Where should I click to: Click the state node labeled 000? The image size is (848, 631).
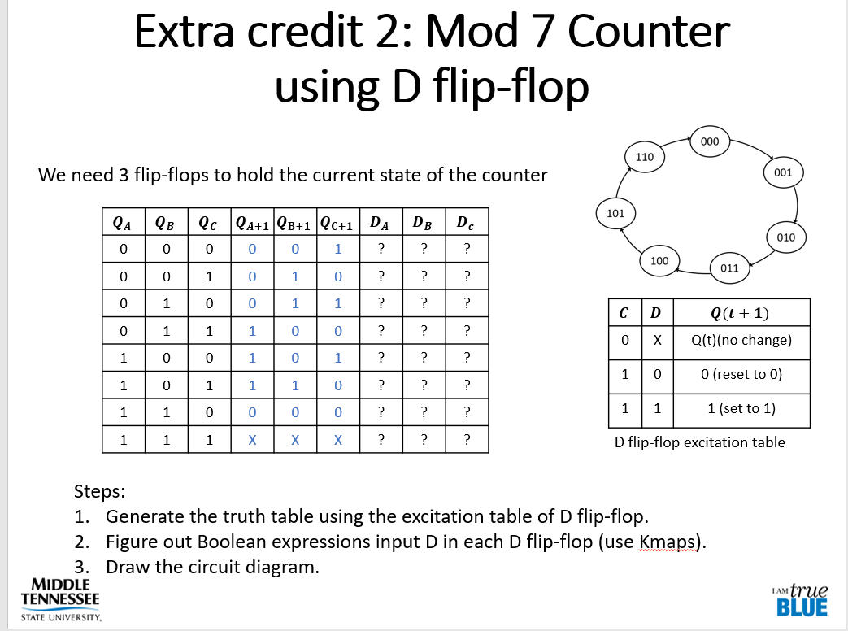[710, 141]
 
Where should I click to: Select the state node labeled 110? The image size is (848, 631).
[645, 155]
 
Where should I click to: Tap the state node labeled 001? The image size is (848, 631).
[783, 172]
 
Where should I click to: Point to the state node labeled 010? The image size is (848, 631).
[785, 237]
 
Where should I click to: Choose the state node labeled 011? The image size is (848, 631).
[729, 266]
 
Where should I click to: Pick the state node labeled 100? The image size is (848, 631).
[659, 261]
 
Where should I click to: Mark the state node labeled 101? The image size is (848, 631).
[615, 213]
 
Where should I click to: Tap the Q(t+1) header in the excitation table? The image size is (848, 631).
[739, 313]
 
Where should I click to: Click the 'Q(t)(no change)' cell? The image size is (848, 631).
[739, 341]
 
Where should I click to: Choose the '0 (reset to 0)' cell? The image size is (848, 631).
[739, 375]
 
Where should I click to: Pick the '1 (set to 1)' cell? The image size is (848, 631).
[739, 408]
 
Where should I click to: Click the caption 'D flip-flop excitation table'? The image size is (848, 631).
[700, 442]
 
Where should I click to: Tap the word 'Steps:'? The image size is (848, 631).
[100, 491]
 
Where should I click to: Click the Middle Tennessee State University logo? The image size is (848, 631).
[60, 599]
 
